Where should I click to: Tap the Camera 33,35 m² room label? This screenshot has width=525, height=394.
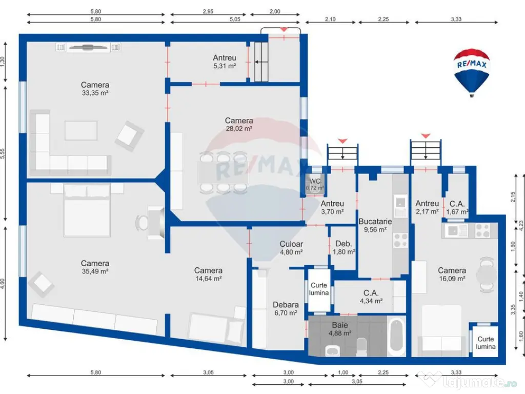[95, 89]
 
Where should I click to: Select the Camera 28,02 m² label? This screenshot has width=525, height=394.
[239, 124]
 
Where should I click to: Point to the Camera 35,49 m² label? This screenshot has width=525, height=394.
[95, 267]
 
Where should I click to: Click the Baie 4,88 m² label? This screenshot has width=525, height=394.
[340, 329]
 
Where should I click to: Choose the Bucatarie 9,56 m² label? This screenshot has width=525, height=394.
[375, 226]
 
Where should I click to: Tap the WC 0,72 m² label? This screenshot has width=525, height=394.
[315, 184]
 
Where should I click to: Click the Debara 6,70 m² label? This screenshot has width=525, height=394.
[286, 308]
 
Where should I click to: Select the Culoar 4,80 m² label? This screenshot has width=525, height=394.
[291, 248]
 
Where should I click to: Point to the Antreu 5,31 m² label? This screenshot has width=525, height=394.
[225, 62]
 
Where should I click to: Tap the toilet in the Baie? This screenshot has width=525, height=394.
[361, 347]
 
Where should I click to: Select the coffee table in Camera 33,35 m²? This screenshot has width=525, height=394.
[81, 130]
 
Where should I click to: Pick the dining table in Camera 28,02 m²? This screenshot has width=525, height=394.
[224, 173]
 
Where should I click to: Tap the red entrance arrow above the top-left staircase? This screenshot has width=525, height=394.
[284, 29]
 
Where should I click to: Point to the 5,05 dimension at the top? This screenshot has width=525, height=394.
[235, 19]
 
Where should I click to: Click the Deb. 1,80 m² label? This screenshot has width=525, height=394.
[344, 248]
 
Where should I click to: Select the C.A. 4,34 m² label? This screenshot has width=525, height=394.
[371, 297]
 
